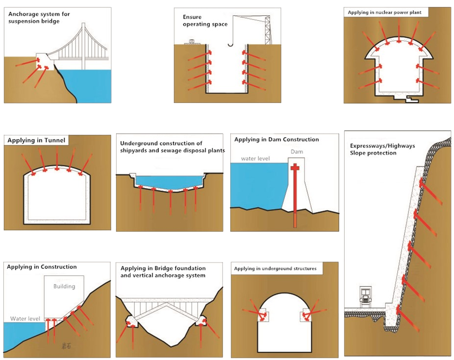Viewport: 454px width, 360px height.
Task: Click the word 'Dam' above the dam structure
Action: coord(297,151)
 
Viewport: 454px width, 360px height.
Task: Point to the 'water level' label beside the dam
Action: coord(255,159)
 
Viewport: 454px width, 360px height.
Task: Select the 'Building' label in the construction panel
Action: coord(64,286)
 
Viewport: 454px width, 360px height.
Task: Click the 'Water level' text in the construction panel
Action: coord(25,319)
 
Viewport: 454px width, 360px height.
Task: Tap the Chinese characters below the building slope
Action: coord(66,345)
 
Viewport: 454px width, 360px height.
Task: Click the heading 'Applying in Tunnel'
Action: coord(36,140)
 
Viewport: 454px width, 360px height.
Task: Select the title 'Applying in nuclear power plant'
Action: coord(384,12)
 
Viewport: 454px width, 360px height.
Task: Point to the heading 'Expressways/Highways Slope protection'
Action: coord(382,149)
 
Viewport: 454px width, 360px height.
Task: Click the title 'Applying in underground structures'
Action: coord(275,268)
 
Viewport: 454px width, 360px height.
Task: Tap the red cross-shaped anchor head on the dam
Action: coord(295,167)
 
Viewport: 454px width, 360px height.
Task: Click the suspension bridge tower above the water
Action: coord(83,46)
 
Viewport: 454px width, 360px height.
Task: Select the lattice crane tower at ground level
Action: coord(268,30)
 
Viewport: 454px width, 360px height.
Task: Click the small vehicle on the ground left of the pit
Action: coord(192,42)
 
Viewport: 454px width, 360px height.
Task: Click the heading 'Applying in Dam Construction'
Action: coord(277,140)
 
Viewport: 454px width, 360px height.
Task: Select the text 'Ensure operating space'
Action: coord(205,21)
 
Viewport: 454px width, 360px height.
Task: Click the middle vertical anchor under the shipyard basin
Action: coord(171,203)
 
